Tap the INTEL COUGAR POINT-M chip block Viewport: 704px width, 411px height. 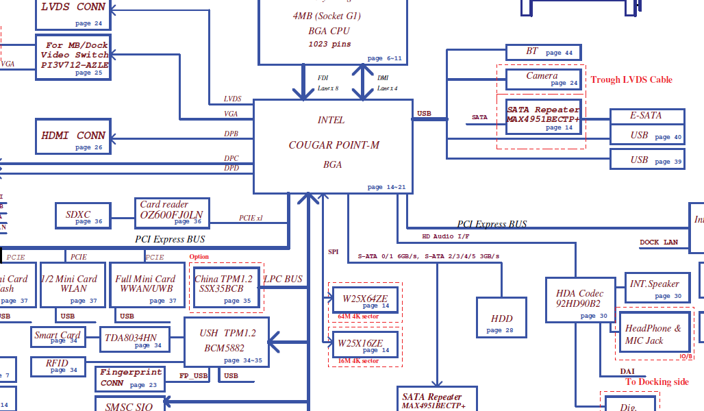(x=333, y=146)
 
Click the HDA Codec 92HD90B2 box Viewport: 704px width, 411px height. (x=578, y=299)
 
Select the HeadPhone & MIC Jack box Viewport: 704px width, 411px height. (x=653, y=334)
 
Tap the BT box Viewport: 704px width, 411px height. (x=543, y=52)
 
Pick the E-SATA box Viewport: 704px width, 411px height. (x=646, y=116)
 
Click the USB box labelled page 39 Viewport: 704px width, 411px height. (x=646, y=160)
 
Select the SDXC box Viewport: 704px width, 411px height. (x=83, y=216)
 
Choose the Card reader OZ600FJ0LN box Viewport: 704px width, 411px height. (x=173, y=214)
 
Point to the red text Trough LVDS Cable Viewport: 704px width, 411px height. (x=631, y=79)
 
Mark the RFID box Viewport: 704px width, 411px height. (x=58, y=366)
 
